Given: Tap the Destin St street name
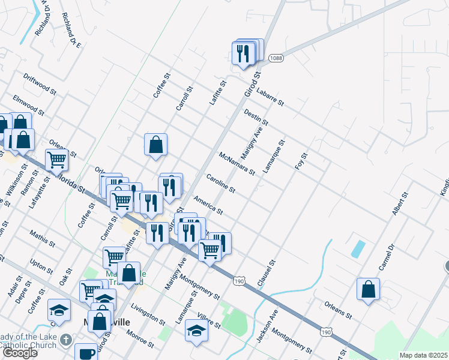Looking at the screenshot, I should pos(256,117).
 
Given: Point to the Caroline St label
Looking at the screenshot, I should pos(220,183).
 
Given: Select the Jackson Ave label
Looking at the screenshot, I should pos(267,327).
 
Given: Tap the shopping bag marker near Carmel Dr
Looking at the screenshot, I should pos(368,289).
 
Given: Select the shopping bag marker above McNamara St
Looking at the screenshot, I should pos(155,144).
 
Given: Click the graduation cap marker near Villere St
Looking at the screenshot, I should pos(196,331).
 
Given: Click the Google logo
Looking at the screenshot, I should pos(20,353).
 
